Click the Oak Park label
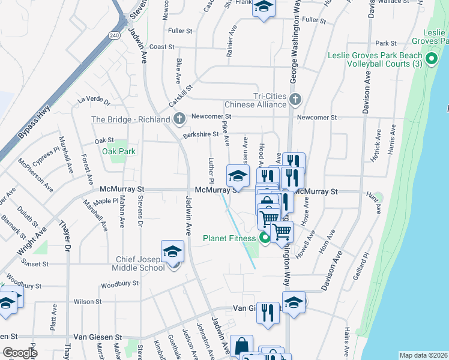(118, 152)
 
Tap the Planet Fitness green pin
(265, 239)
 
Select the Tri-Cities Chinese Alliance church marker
(294, 99)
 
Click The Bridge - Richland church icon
(179, 119)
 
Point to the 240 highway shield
(115, 36)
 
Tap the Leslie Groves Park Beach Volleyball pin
(431, 59)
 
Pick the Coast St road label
(161, 47)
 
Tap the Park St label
(385, 43)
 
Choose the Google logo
(20, 353)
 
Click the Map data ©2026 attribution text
(423, 355)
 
